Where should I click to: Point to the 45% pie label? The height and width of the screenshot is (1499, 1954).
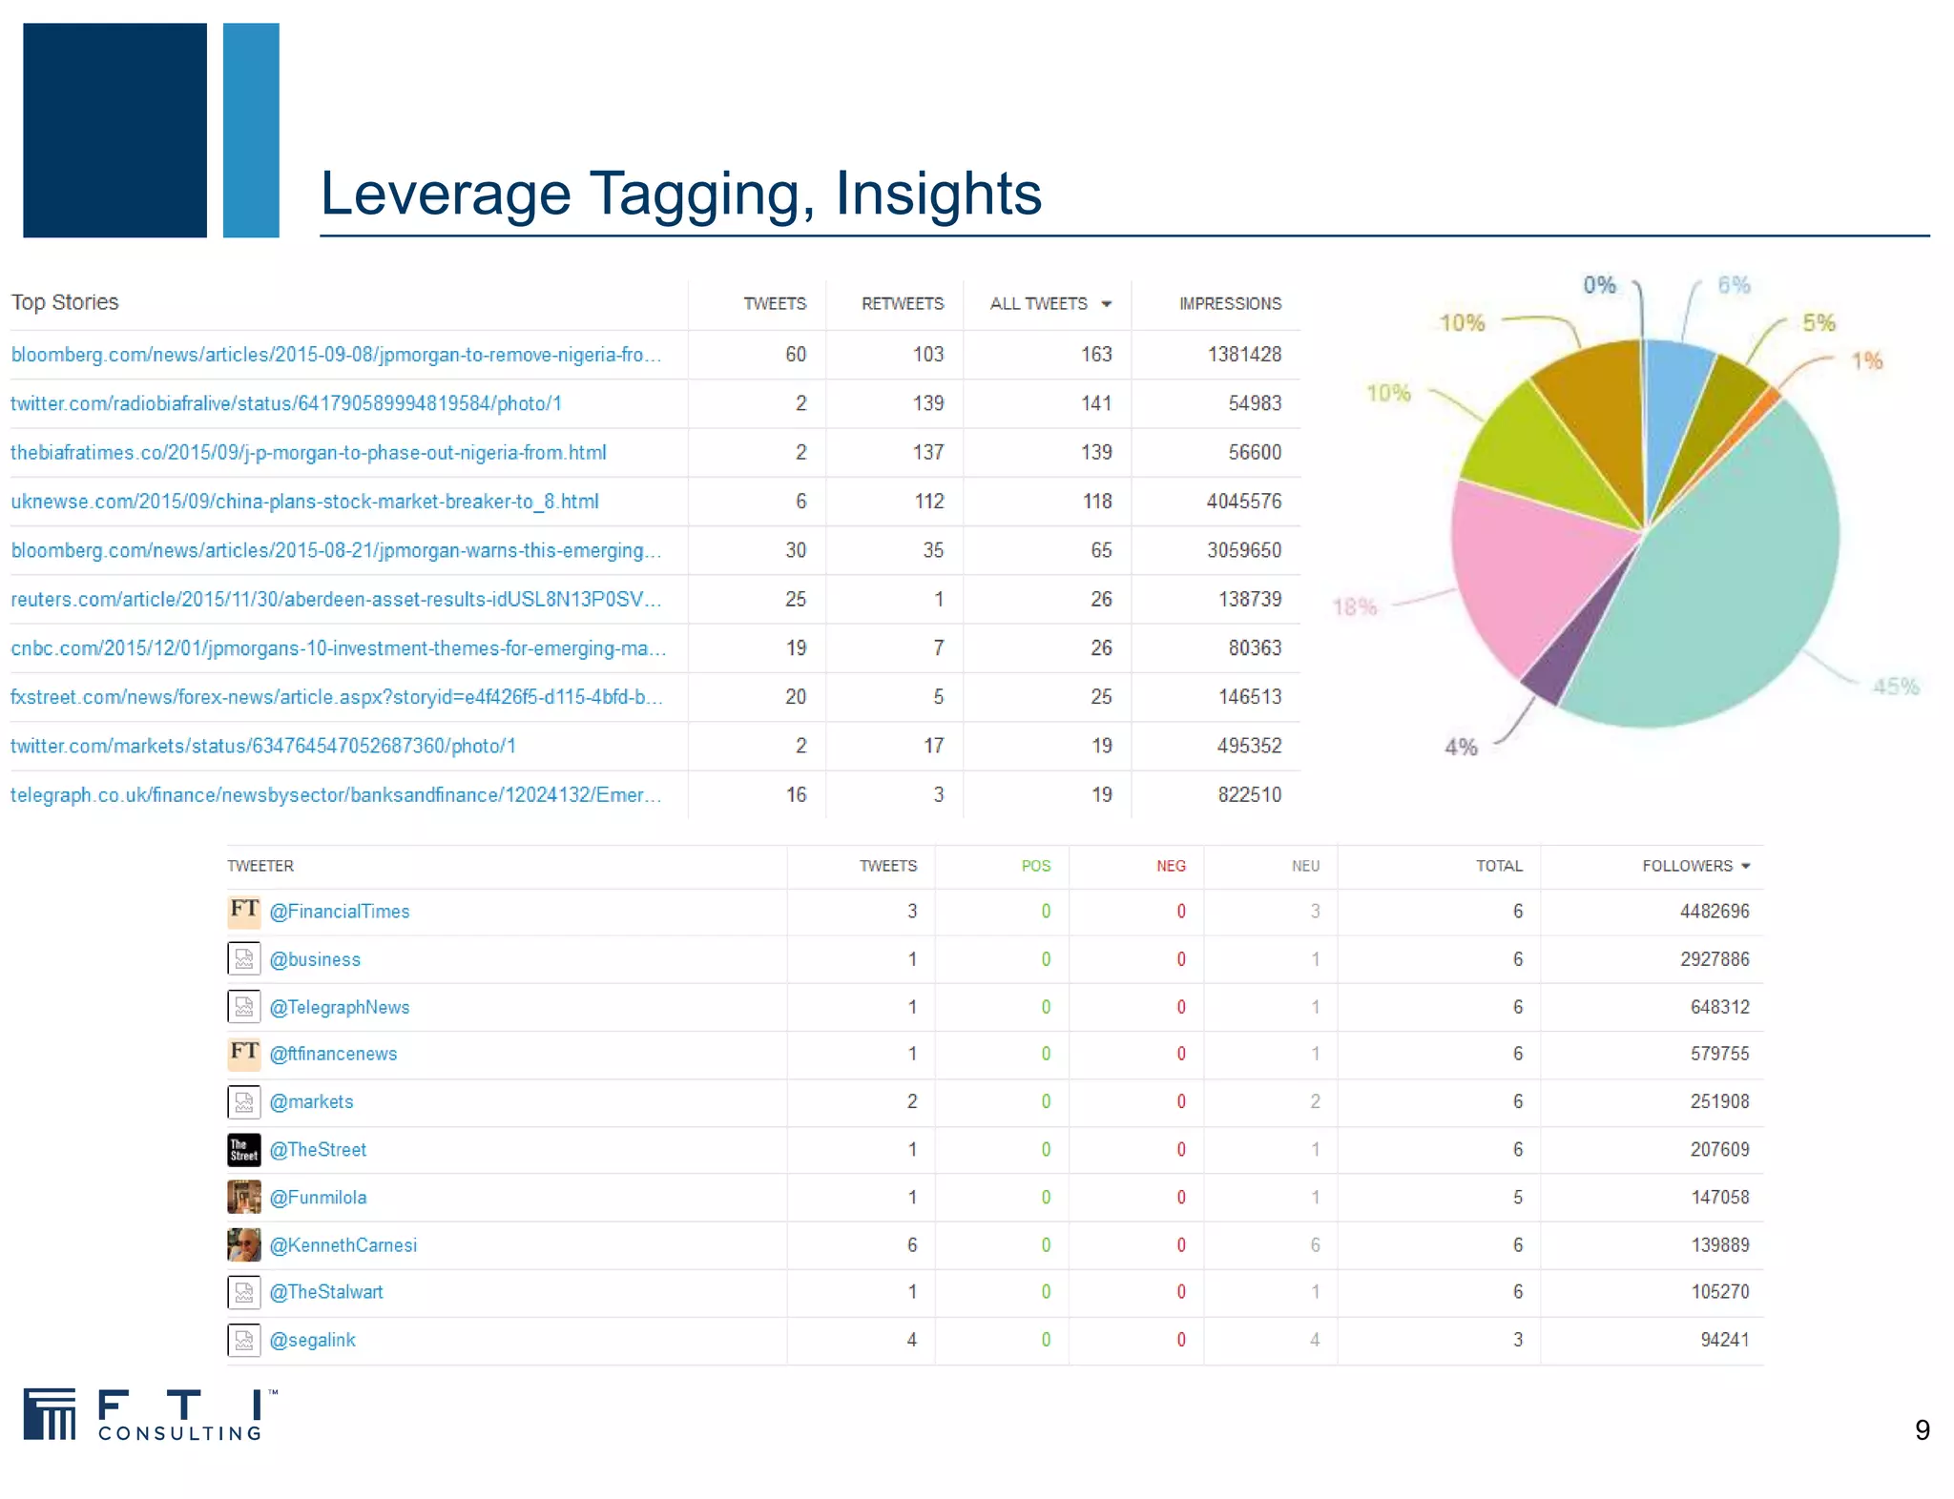(1895, 687)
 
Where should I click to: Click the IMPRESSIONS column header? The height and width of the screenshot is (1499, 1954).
(1230, 304)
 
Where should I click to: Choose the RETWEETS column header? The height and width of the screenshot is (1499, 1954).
(902, 304)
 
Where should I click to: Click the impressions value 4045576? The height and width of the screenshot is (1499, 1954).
(1243, 502)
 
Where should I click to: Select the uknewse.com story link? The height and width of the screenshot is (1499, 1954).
(304, 502)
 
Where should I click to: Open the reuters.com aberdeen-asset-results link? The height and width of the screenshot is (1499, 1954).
(335, 600)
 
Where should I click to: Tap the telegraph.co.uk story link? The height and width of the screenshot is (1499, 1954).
(335, 795)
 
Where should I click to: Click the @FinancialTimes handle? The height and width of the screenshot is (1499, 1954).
(340, 912)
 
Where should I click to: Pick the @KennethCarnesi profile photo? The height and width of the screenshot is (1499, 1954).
(244, 1244)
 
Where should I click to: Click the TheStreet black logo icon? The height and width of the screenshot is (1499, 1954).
(244, 1150)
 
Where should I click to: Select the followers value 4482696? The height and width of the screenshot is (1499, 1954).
(1715, 912)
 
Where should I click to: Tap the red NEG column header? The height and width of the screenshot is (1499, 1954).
(1171, 866)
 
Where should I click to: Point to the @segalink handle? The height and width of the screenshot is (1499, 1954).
(312, 1340)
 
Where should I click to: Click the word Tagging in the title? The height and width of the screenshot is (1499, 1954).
(701, 195)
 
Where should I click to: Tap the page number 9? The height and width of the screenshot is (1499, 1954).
(1922, 1430)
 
